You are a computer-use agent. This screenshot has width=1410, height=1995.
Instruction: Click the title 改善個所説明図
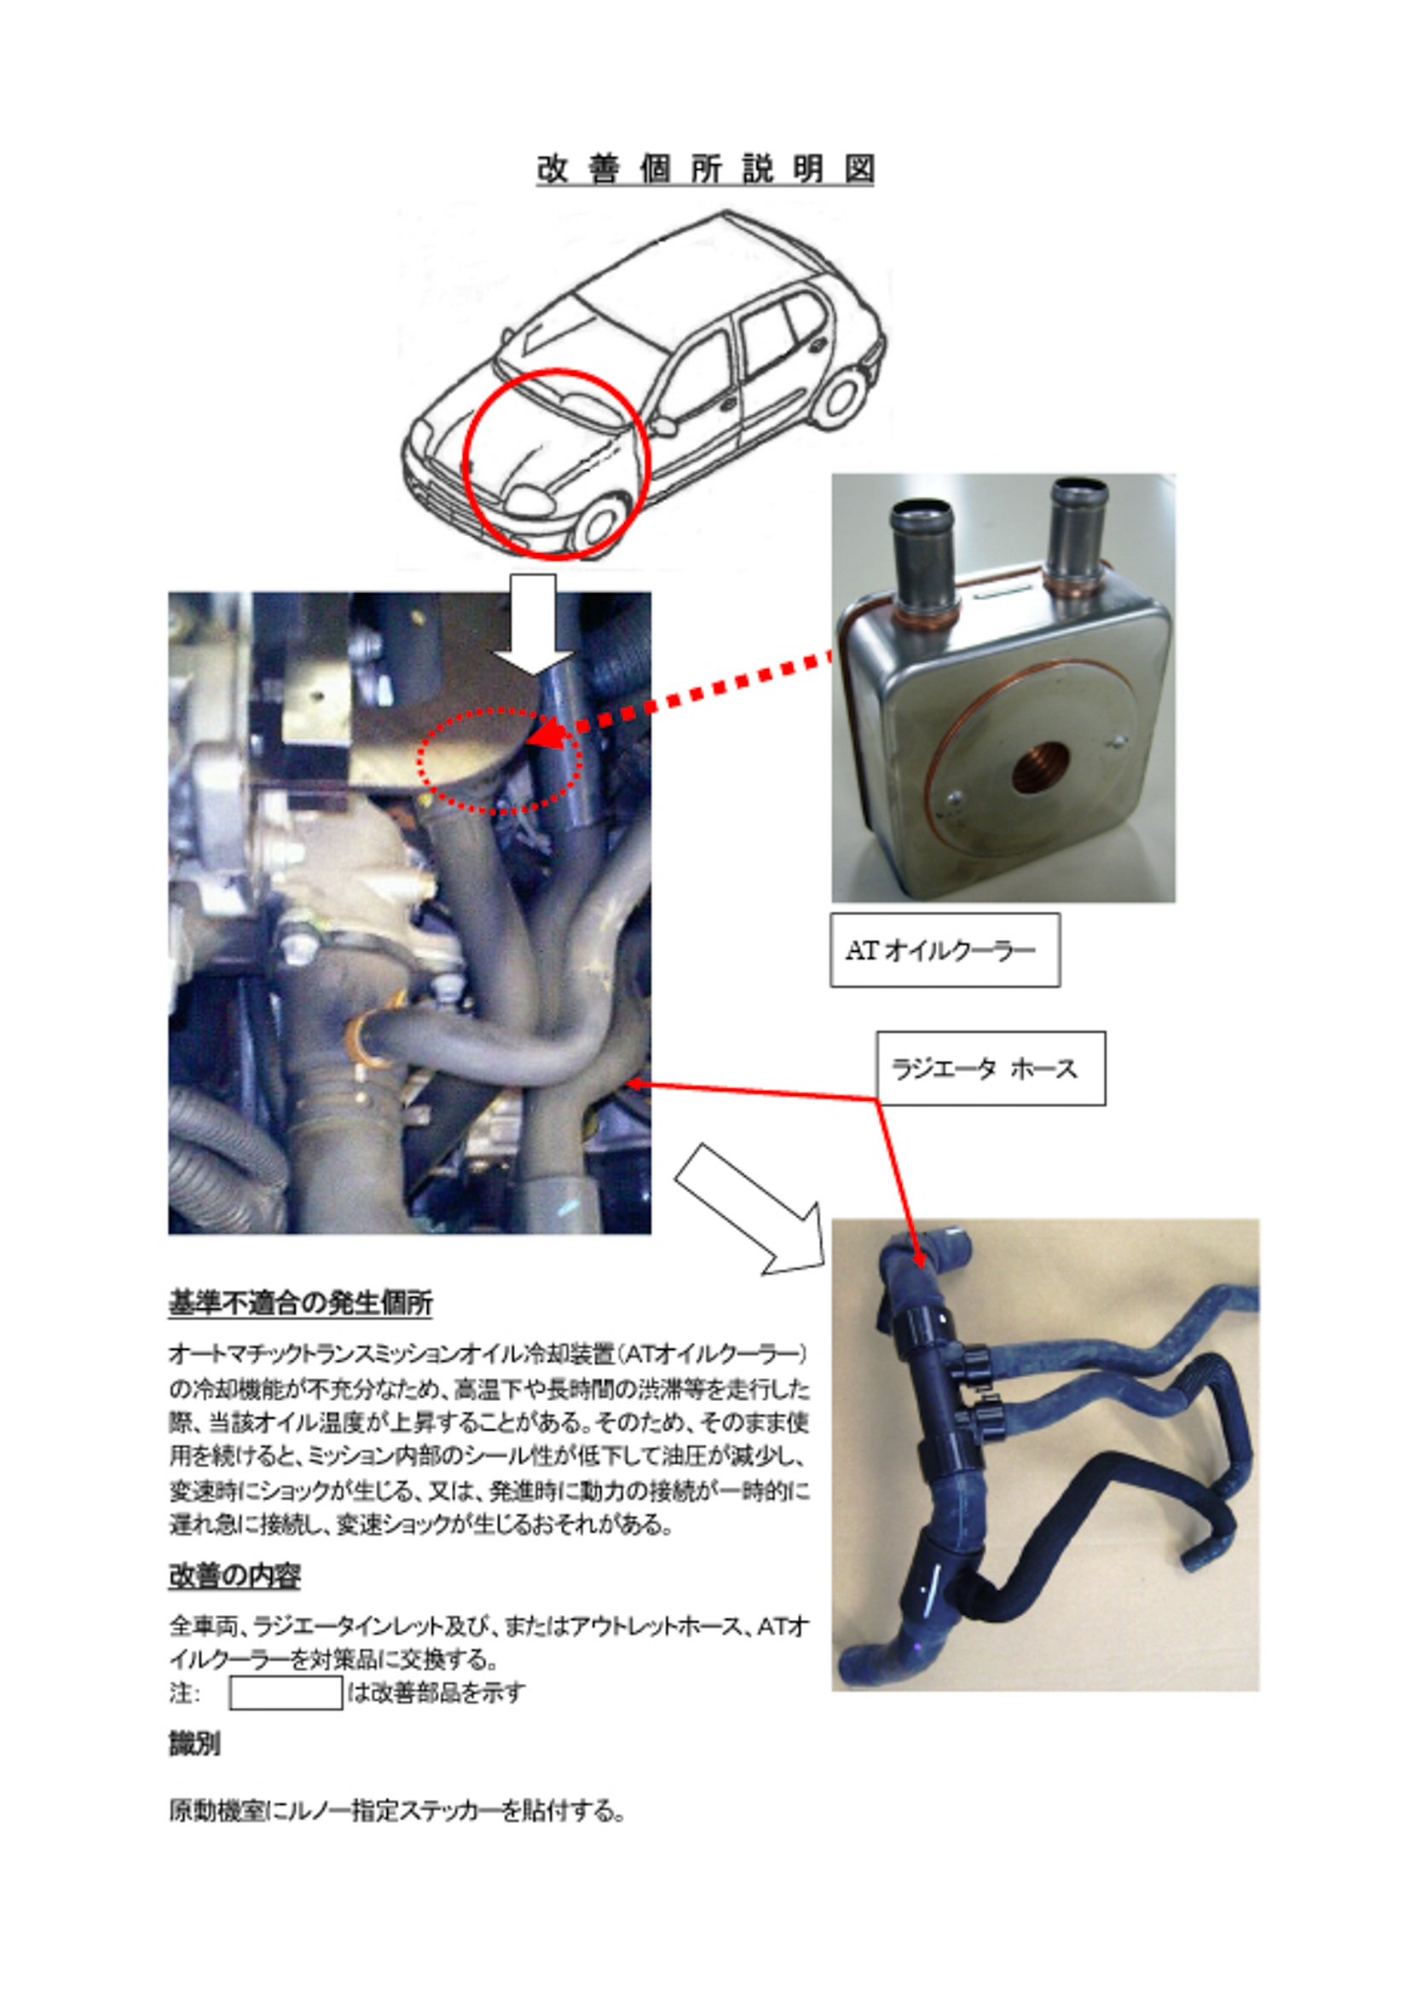point(704,169)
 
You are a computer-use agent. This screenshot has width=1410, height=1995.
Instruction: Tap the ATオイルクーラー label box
point(944,949)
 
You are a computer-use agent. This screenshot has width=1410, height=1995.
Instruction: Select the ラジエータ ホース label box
point(990,1068)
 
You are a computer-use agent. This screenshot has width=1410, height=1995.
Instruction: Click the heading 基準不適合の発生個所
point(300,1303)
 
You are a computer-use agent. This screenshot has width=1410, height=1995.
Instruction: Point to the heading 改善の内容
point(234,1577)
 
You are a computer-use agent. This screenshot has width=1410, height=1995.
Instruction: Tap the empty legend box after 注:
point(285,1692)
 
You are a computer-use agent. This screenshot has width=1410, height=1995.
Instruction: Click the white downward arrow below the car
point(533,623)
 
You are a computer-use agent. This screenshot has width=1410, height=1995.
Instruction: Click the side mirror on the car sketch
point(664,426)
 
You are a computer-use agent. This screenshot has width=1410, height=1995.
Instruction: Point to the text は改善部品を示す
point(436,1692)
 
